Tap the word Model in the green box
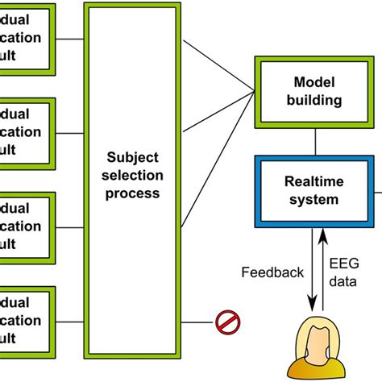coord(313,82)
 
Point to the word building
coord(313,101)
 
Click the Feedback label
coord(270,272)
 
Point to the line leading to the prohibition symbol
coord(197,324)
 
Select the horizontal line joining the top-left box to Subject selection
coord(70,38)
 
